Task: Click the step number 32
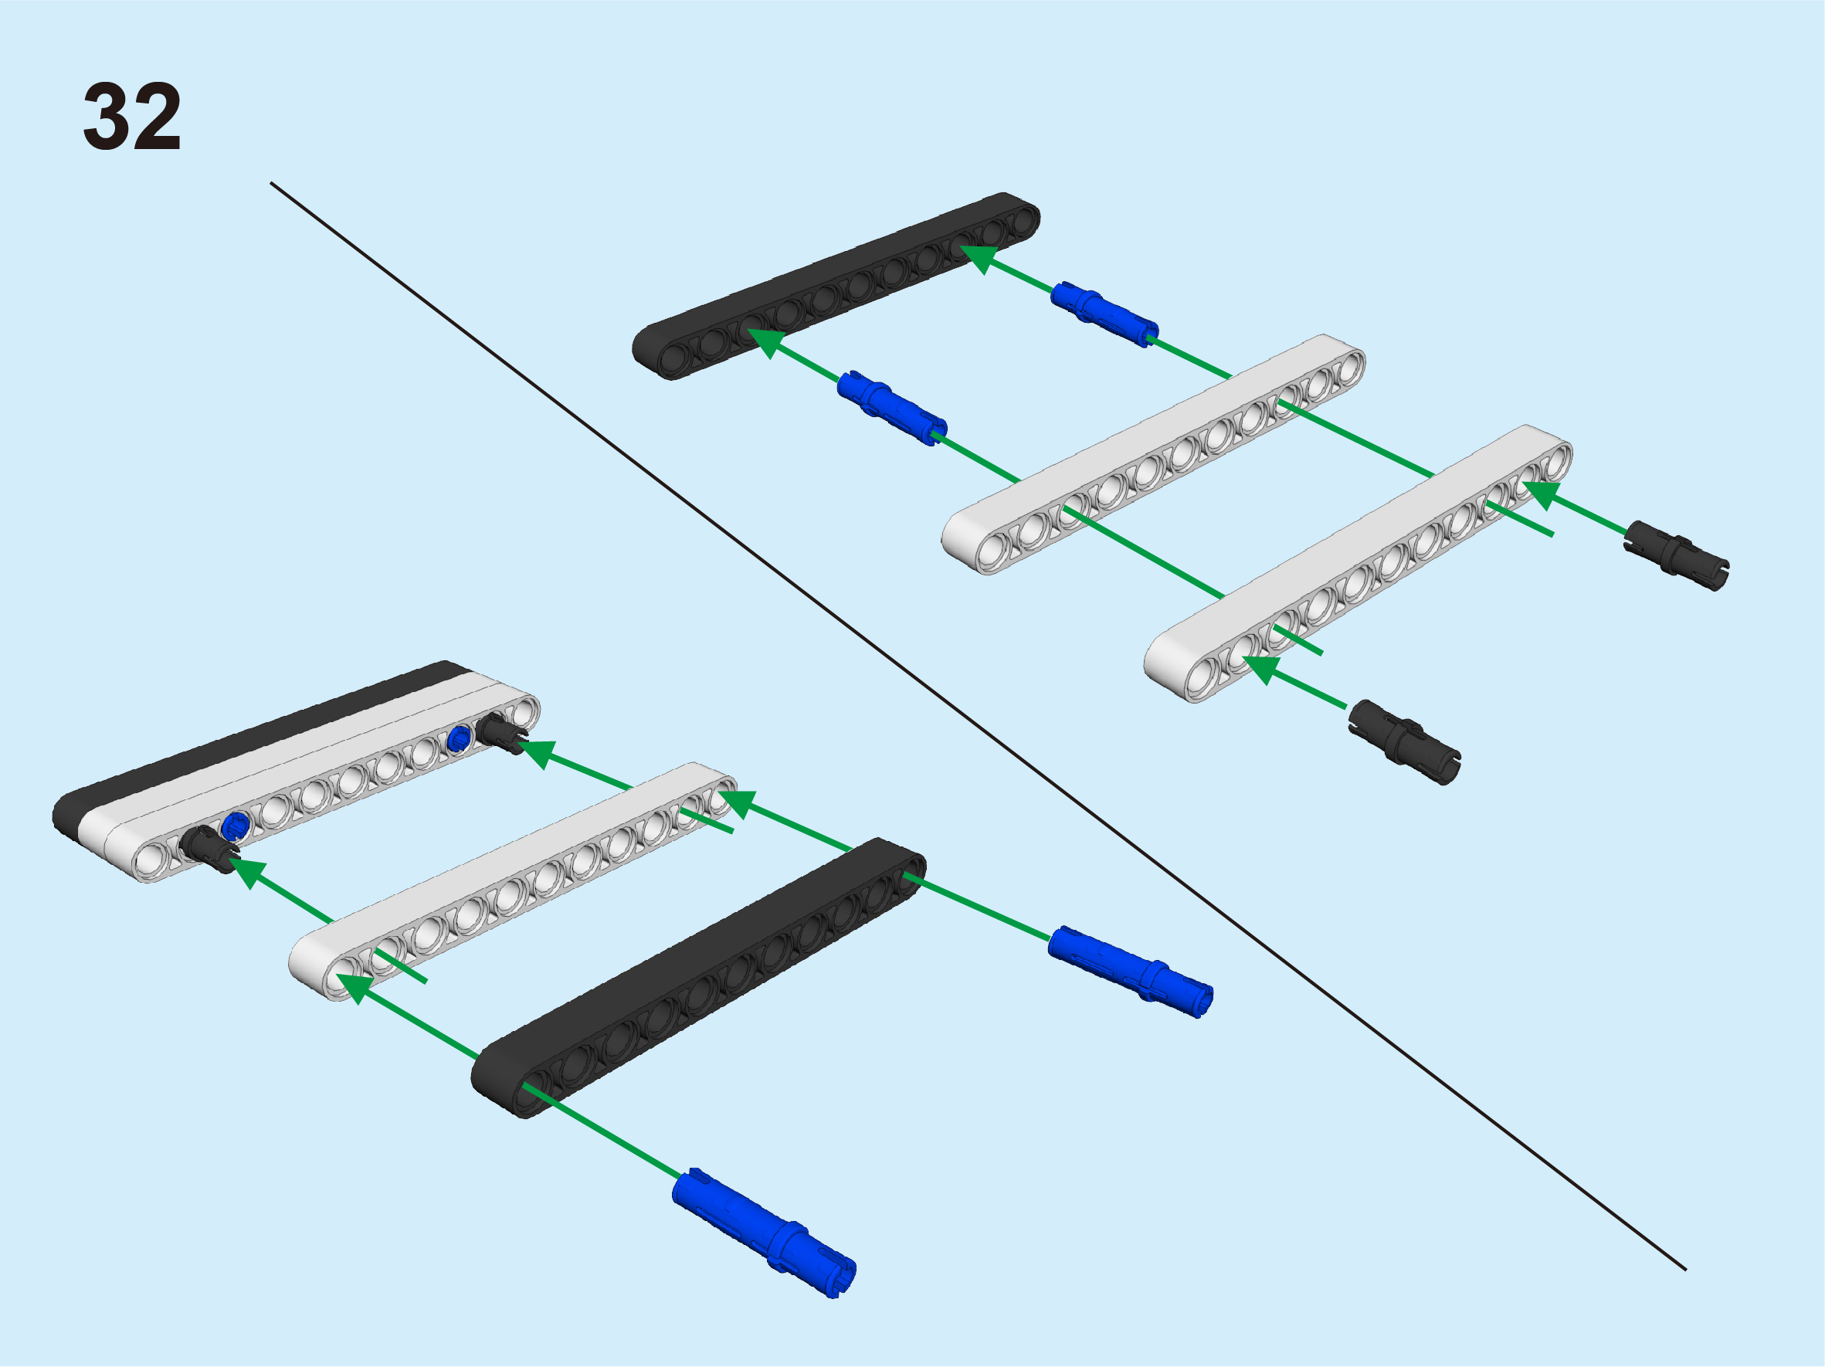point(132,117)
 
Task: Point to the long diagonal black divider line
point(979,727)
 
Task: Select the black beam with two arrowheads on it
point(836,286)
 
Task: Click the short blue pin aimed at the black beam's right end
point(1104,314)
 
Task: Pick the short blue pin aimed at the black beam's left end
point(892,408)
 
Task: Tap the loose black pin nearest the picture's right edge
point(1677,556)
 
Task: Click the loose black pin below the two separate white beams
point(1404,741)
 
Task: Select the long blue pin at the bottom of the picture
point(764,1233)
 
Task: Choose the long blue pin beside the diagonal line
point(1131,972)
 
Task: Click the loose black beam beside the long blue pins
point(698,979)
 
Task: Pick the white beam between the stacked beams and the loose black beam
point(512,881)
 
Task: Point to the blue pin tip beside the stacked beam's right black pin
point(459,739)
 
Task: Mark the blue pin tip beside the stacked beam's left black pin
point(236,824)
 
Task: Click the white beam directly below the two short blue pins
point(1153,454)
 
